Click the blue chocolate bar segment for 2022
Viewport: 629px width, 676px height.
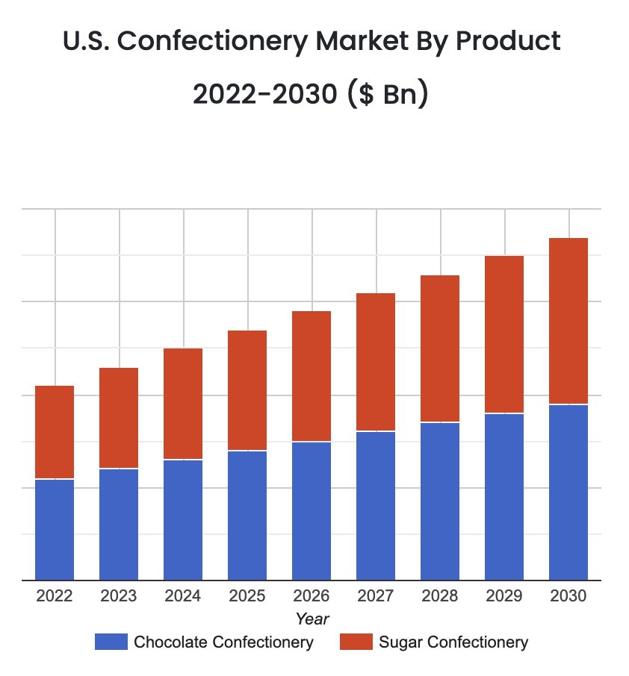55,530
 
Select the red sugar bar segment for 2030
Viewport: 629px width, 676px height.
568,321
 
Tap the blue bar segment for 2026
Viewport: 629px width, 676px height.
312,511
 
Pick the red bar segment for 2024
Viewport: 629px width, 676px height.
183,404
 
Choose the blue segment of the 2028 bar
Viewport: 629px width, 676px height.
440,501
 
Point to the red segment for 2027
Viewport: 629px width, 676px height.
376,362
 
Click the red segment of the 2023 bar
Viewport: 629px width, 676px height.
119,418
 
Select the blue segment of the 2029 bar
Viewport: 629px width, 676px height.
504,497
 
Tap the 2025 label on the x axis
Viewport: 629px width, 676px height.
247,596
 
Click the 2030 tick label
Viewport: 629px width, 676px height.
568,596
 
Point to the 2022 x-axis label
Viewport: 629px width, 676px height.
55,596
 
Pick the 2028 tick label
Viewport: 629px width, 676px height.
440,596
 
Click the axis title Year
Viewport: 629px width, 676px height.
312,619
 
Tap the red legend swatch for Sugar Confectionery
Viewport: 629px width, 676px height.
356,642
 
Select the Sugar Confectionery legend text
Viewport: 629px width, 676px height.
453,642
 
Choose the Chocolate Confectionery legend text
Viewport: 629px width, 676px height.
223,642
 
